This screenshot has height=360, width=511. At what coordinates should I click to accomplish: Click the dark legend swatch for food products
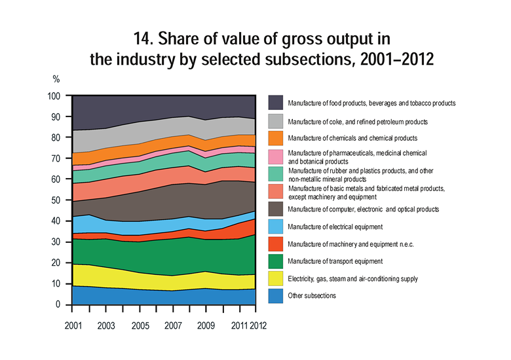point(276,103)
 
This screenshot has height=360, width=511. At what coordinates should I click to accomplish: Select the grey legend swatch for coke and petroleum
point(276,121)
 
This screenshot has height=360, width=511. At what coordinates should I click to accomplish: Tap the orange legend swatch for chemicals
point(276,138)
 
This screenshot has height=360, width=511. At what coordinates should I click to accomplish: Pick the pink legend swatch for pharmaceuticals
point(276,156)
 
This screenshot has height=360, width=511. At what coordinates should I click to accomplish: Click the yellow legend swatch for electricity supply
point(276,278)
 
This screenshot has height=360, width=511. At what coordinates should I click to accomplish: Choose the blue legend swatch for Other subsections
point(276,296)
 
